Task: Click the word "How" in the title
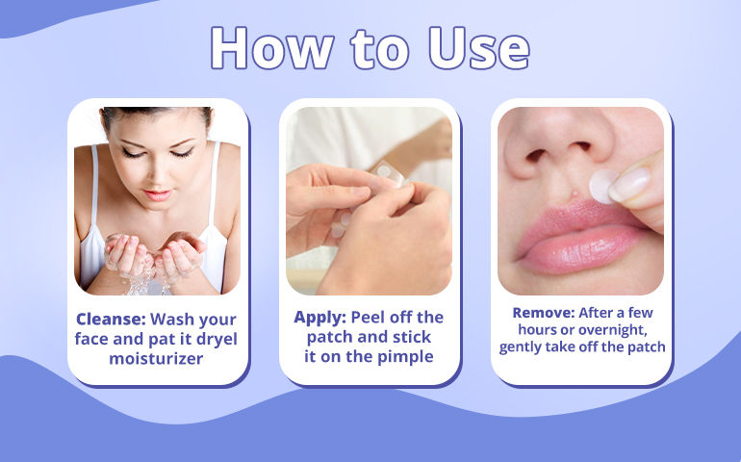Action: (x=271, y=48)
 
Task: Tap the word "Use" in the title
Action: (x=479, y=48)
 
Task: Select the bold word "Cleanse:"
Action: (x=111, y=320)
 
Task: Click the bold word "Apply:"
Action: (x=319, y=318)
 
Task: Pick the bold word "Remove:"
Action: (x=544, y=313)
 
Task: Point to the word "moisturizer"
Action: (x=156, y=358)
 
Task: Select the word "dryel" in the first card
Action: (x=217, y=340)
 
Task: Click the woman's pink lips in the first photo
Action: (x=157, y=194)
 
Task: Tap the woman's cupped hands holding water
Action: (x=155, y=254)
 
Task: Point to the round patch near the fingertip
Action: (x=603, y=187)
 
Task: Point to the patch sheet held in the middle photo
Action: (x=389, y=173)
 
